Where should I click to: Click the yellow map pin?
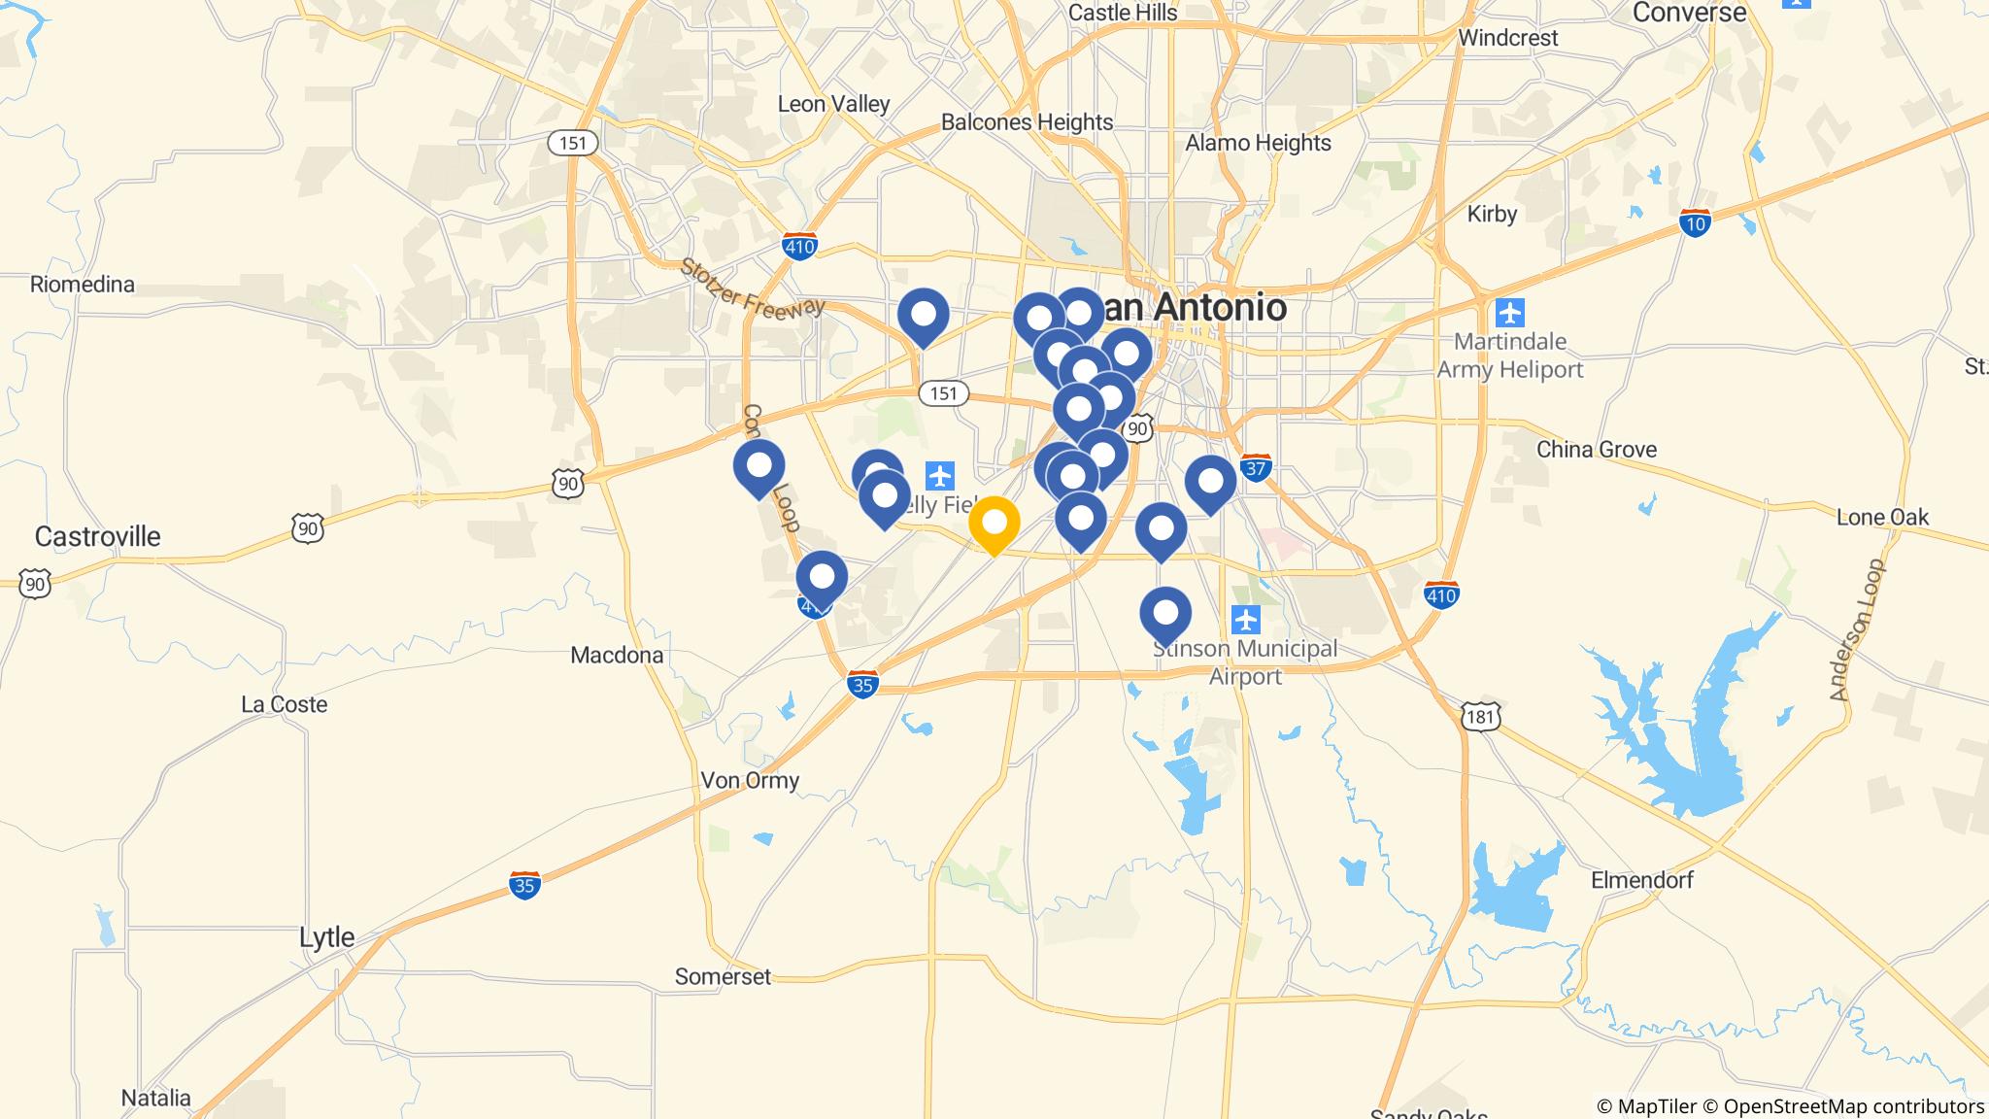[x=994, y=524]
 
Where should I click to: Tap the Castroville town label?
[x=97, y=536]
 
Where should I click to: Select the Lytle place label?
[x=326, y=937]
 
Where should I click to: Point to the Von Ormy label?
[x=750, y=780]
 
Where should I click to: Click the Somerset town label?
[x=723, y=976]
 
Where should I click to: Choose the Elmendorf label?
[x=1641, y=880]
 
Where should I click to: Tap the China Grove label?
[x=1596, y=450]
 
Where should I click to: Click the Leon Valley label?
[x=833, y=104]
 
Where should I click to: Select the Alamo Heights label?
[x=1258, y=143]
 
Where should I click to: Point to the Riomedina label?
[x=83, y=285]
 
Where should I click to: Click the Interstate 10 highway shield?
[x=1695, y=223]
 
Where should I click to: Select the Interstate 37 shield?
[x=1256, y=468]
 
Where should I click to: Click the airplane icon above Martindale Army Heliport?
[x=1509, y=314]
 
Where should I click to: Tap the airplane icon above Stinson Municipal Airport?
[x=1245, y=619]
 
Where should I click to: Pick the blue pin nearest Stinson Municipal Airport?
[x=1165, y=614]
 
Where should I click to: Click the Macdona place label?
[x=617, y=655]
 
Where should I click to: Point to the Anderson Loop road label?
[x=1856, y=629]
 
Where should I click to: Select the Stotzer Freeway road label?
[x=752, y=287]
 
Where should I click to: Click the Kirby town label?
[x=1492, y=214]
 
